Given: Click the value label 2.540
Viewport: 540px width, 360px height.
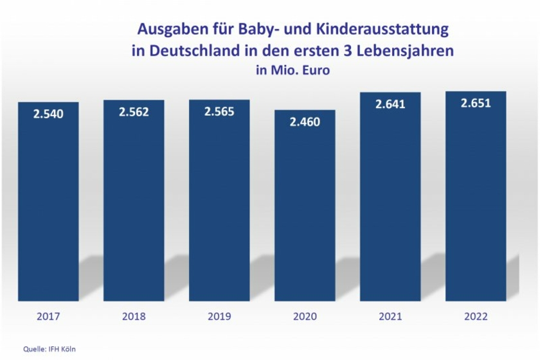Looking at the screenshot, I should tap(48, 114).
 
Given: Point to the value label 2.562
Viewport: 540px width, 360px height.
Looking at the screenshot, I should tap(134, 112).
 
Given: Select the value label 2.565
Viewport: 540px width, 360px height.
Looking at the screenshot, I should tap(219, 111).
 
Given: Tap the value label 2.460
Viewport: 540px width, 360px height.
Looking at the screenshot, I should tap(305, 122).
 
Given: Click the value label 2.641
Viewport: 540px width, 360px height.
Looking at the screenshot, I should tap(390, 104).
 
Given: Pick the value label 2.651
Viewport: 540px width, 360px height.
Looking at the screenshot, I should tap(476, 103).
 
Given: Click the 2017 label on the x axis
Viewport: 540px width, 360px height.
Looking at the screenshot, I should tap(48, 316).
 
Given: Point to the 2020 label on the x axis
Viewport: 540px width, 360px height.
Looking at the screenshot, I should tap(305, 316).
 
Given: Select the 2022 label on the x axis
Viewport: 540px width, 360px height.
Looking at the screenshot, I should tap(476, 316).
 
